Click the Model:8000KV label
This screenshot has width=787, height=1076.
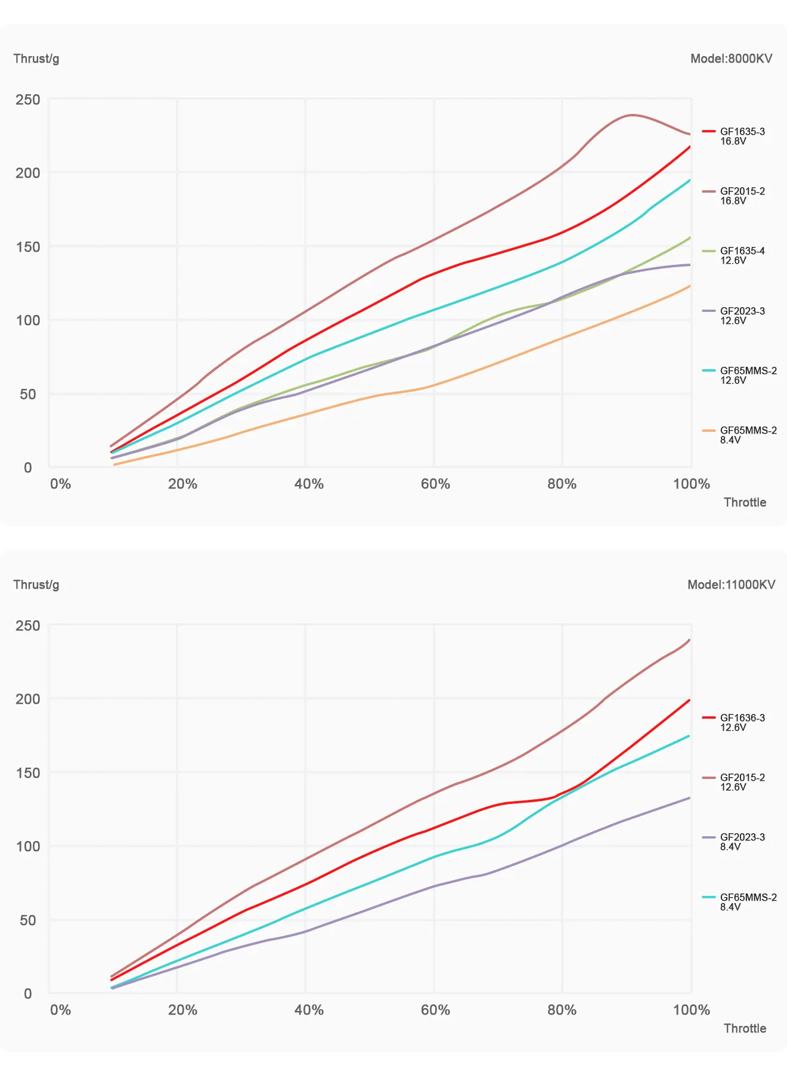731,58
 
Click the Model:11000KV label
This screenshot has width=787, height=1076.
731,585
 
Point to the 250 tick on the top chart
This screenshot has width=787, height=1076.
28,100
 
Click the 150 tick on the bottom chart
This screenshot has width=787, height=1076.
28,773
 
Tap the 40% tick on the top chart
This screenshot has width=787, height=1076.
309,484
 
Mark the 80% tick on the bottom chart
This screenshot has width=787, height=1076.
562,1010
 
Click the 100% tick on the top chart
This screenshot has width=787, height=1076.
691,484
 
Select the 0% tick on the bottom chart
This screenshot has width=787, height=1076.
60,1010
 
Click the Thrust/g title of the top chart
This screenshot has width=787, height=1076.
36,58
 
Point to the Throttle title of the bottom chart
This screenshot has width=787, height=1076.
745,1028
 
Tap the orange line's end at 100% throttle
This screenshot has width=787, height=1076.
690,286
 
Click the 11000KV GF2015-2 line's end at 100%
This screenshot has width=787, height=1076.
690,640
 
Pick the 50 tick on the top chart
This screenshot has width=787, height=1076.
28,394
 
